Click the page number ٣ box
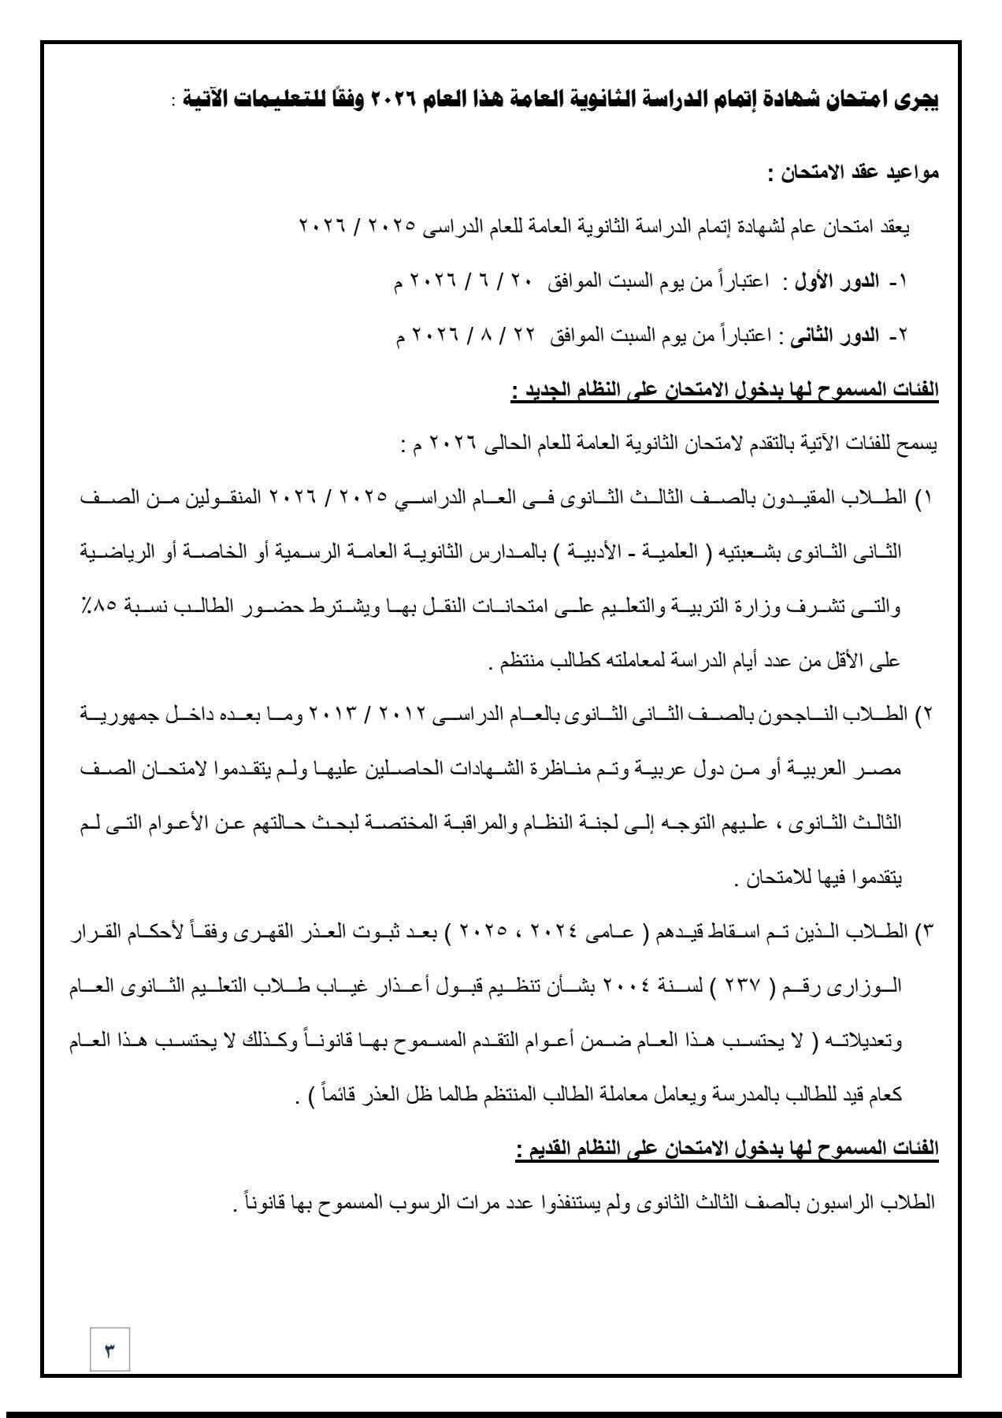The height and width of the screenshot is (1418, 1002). (x=110, y=1352)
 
